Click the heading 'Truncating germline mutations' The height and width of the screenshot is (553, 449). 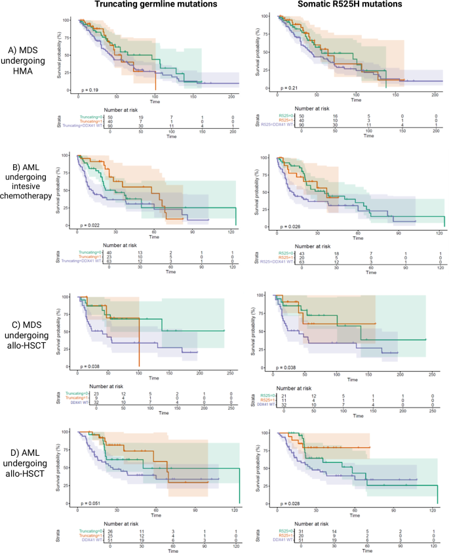click(x=155, y=6)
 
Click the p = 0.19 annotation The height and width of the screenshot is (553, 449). click(x=90, y=88)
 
